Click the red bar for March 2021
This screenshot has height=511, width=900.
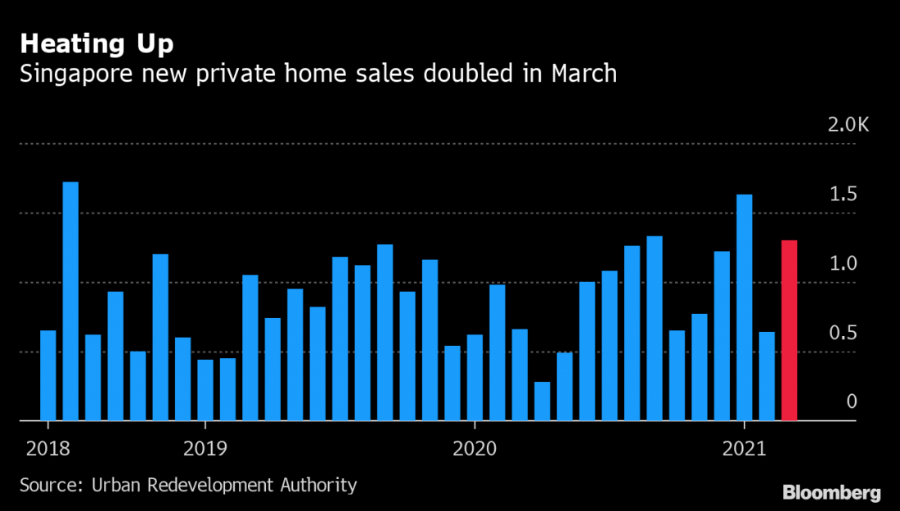pos(790,331)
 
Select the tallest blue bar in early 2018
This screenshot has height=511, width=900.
pos(70,302)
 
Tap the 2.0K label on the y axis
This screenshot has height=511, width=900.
pos(848,125)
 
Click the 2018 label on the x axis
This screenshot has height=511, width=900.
pos(48,449)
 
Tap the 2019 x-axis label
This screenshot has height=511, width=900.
pos(205,449)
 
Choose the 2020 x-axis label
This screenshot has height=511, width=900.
pos(475,449)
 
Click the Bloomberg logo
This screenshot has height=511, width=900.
pos(831,493)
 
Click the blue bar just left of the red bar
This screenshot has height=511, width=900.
pos(767,376)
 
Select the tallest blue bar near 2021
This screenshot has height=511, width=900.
pos(745,307)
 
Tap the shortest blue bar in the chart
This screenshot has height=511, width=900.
pos(542,401)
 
